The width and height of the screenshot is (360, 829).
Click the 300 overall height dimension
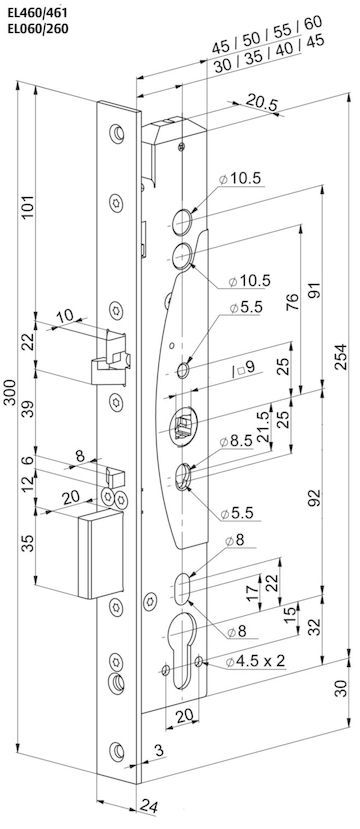(x=10, y=392)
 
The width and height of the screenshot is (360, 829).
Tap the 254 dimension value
(x=340, y=356)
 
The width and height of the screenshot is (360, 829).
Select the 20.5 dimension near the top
(x=261, y=104)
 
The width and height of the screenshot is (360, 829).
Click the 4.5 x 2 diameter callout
(x=255, y=660)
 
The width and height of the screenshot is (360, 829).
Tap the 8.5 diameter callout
(x=239, y=440)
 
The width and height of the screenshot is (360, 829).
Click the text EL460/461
(x=38, y=10)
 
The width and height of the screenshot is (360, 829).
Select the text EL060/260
(x=38, y=29)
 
